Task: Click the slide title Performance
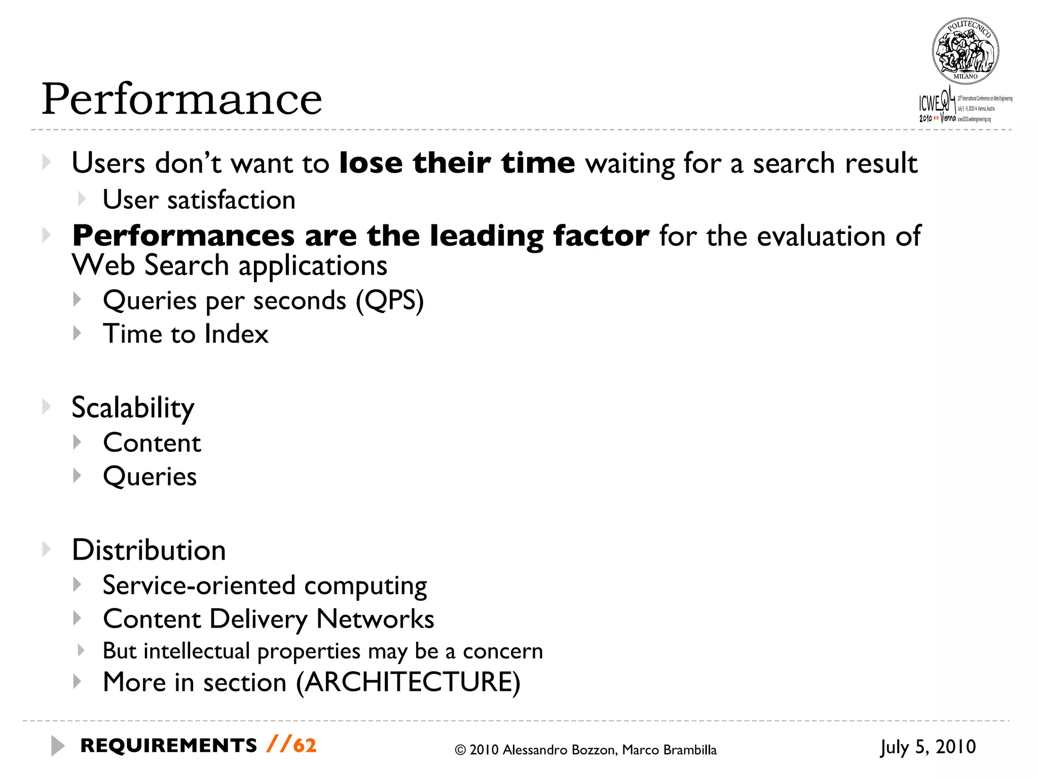(x=181, y=99)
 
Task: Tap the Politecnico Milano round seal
(x=965, y=51)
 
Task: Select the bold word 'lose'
(x=370, y=163)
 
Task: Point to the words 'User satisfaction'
(x=199, y=200)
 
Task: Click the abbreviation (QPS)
(x=389, y=300)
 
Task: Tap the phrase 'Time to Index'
(x=186, y=334)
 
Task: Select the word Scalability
(x=133, y=408)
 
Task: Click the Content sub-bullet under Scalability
(x=152, y=443)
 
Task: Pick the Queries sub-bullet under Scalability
(x=150, y=477)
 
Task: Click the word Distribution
(x=149, y=550)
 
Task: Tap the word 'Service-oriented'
(x=199, y=586)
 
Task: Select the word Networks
(x=375, y=619)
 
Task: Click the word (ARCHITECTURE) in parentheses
(x=408, y=682)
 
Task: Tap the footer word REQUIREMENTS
(x=169, y=746)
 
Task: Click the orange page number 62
(x=305, y=746)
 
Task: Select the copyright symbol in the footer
(x=460, y=750)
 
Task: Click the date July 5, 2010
(x=928, y=747)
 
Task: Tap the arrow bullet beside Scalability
(x=47, y=407)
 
